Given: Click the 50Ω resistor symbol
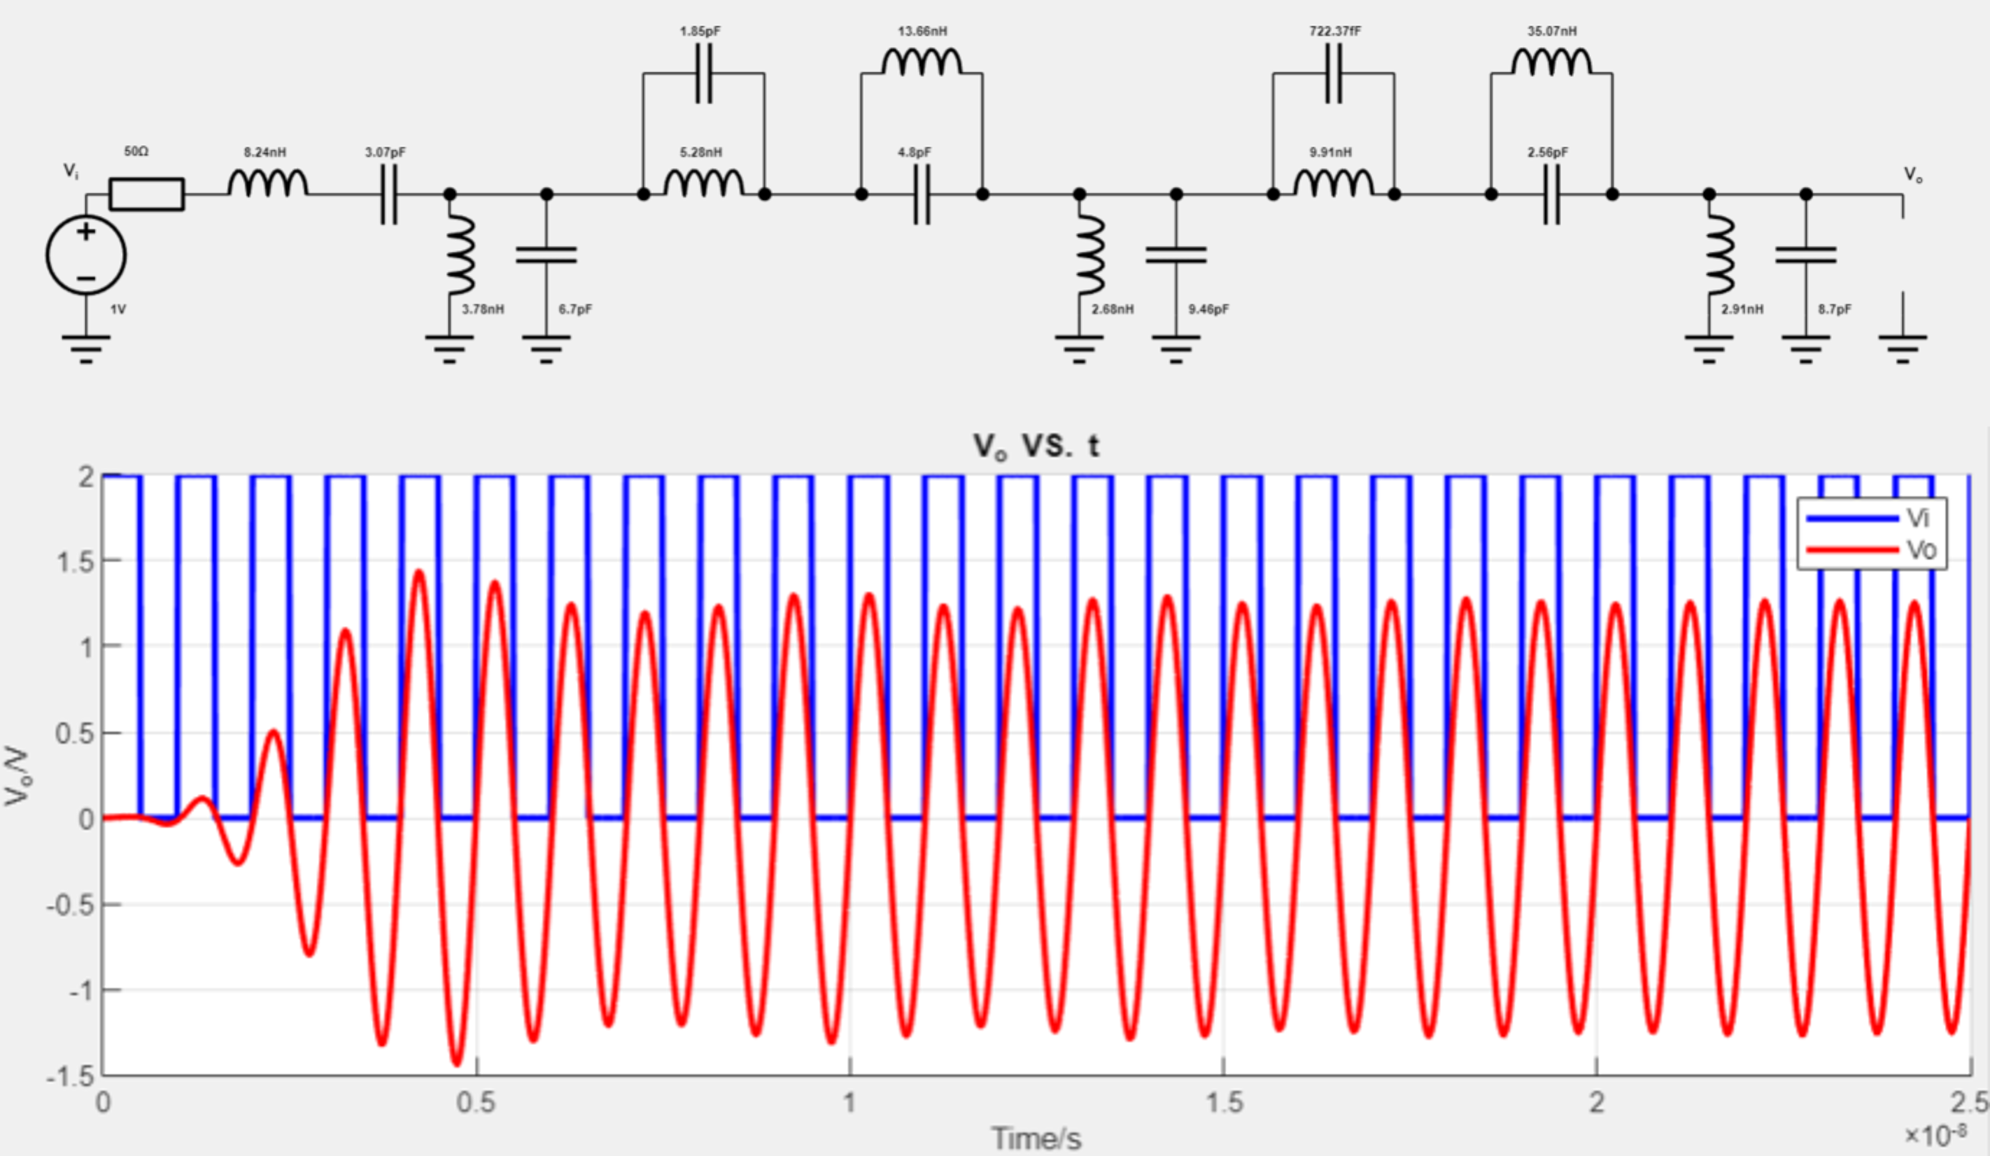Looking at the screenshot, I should click(147, 194).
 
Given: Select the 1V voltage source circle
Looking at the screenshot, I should click(85, 255).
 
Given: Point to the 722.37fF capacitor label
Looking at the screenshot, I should click(1335, 31).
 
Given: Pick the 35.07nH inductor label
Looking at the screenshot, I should click(1552, 31).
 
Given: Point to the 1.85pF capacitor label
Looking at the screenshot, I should click(700, 31).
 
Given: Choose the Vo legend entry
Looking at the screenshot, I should click(1872, 549).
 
